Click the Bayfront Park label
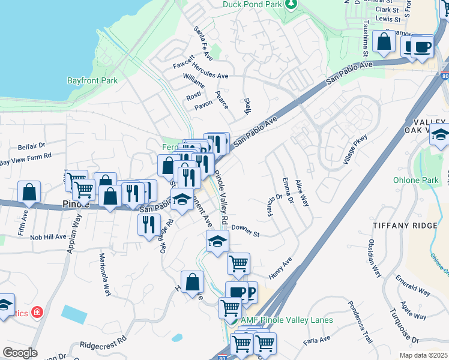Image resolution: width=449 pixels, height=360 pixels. [x=92, y=80]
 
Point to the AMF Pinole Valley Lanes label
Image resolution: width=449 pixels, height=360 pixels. [x=286, y=320]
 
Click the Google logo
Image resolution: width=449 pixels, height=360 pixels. [x=20, y=353]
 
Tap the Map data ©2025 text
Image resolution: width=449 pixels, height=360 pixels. [x=423, y=355]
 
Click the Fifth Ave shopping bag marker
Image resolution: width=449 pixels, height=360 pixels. [x=29, y=192]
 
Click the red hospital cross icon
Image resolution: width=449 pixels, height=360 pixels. [x=37, y=313]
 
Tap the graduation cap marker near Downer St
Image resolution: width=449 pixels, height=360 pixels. [x=217, y=242]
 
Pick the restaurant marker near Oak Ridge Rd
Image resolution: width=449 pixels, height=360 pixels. [x=148, y=225]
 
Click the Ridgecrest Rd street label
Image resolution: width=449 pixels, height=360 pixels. [x=103, y=345]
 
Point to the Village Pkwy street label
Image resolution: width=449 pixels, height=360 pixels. [x=354, y=150]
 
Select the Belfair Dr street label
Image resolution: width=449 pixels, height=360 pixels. [x=31, y=146]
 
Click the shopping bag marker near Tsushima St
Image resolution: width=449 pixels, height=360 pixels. [x=384, y=42]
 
